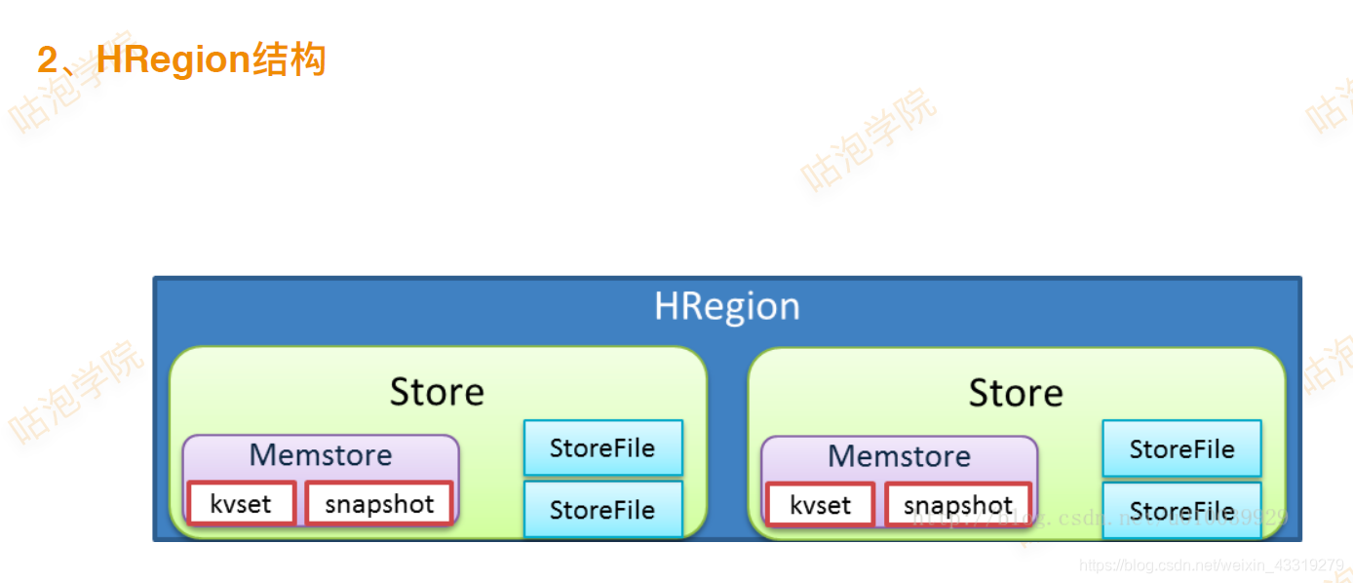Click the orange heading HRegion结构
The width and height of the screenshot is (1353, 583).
click(x=182, y=60)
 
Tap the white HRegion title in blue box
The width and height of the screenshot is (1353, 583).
click(x=726, y=306)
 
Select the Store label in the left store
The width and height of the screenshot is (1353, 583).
click(x=437, y=392)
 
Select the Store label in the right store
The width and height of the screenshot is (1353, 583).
click(x=1016, y=393)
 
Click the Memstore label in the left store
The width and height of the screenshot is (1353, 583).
click(x=321, y=455)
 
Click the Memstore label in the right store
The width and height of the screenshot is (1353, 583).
click(x=899, y=456)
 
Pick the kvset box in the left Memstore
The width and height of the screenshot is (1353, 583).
click(x=241, y=504)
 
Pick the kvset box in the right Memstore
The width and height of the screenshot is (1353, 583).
click(x=820, y=505)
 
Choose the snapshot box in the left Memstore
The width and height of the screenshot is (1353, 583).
click(x=379, y=504)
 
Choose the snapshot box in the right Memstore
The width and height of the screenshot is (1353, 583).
click(x=958, y=505)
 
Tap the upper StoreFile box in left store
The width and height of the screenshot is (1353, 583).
click(x=602, y=448)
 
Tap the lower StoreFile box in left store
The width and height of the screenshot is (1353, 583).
click(x=602, y=509)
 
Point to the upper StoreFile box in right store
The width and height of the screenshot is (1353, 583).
click(x=1181, y=449)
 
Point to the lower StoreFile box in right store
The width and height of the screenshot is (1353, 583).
click(x=1181, y=511)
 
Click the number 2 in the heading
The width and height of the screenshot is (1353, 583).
click(x=48, y=60)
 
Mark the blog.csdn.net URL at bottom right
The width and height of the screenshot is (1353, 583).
click(x=1211, y=565)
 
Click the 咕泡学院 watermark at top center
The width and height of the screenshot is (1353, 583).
click(x=868, y=139)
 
